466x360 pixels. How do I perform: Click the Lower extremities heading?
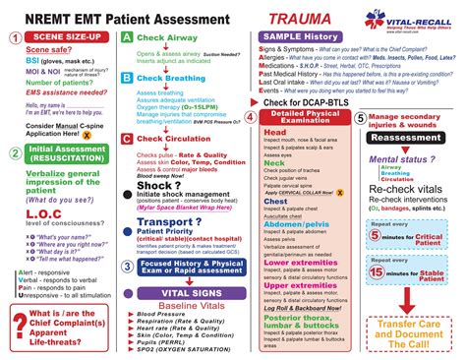[312, 263]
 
